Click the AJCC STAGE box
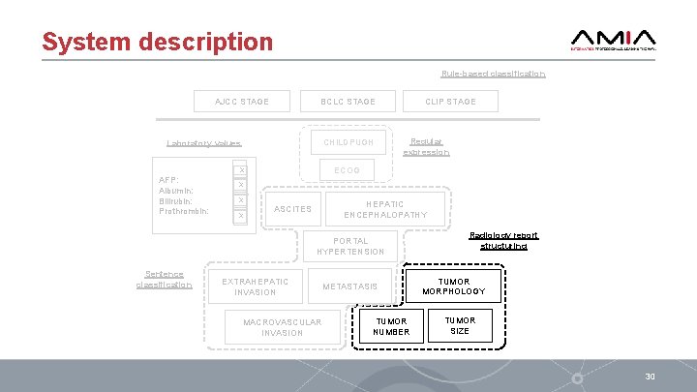pos(242,102)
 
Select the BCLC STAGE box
pos(348,102)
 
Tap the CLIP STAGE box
pos(451,102)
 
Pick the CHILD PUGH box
pos(348,142)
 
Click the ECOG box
pos(347,170)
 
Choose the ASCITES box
pos(293,209)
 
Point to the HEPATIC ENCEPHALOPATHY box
pos(384,209)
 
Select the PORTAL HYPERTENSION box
pos(350,246)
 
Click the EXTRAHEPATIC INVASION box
pos(256,286)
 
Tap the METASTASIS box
pos(350,286)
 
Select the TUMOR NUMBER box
pos(392,327)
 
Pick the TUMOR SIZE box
pos(460,325)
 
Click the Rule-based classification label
pos(493,74)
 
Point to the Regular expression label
pos(426,146)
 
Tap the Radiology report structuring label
pos(503,240)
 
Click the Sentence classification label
pos(164,279)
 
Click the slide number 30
pos(651,376)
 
